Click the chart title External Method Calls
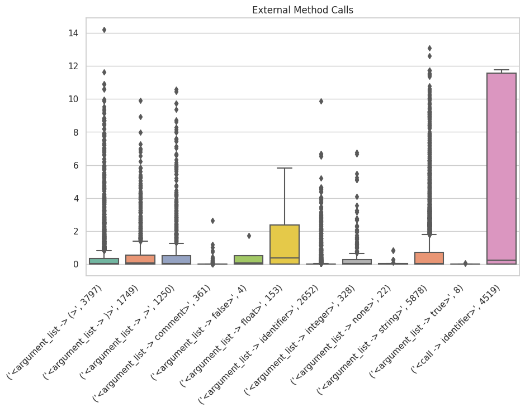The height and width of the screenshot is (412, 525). coord(302,10)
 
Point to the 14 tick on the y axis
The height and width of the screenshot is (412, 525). coord(73,33)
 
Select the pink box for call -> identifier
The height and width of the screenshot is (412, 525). coord(501,167)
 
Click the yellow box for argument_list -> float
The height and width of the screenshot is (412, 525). coord(285,244)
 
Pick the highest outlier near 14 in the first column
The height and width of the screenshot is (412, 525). coord(104,30)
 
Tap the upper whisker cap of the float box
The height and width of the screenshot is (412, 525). coord(285,168)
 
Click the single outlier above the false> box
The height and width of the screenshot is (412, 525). coord(249,236)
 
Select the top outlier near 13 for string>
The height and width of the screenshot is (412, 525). coord(429,48)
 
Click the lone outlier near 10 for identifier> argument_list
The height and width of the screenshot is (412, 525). coord(321,101)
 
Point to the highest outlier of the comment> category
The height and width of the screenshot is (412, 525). coord(212,221)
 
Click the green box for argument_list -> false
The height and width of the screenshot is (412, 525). coord(249,260)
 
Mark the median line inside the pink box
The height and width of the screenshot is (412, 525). coord(501,260)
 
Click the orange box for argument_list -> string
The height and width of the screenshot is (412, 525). coord(429,258)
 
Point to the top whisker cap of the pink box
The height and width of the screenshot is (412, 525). coord(501,70)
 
